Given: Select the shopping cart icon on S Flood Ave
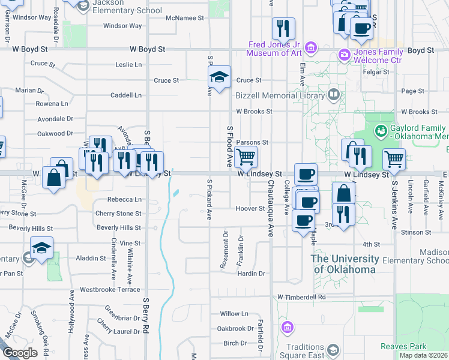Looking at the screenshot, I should [246, 157].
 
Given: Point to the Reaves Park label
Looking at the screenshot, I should [403, 346].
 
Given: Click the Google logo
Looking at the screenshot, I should [20, 353].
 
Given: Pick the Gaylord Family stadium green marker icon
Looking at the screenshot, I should [380, 131].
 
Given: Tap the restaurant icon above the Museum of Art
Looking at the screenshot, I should [283, 28].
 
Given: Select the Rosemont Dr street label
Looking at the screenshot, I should [226, 250].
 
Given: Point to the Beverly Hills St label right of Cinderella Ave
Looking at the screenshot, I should [119, 228].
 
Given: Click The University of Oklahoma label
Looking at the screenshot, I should [345, 264].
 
